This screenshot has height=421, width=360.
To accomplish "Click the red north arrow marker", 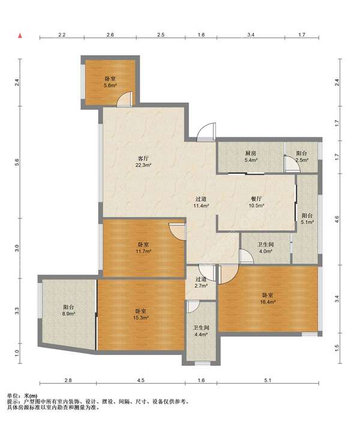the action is point(20,36).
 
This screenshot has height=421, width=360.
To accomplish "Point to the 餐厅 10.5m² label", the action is point(256,202).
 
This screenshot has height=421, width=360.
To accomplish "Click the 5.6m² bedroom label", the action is point(110,82).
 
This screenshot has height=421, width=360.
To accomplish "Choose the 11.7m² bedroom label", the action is point(143,248).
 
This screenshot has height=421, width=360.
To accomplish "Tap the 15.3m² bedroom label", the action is point(141,314).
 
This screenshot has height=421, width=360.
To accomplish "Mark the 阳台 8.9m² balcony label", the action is point(69,311).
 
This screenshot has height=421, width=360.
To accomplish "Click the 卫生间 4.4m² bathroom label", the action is point(201,331).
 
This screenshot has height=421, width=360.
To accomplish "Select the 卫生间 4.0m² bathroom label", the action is point(265,248).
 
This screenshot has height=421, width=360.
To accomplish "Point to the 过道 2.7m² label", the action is point(200,282).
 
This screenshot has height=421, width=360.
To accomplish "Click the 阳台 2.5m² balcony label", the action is point(302,157).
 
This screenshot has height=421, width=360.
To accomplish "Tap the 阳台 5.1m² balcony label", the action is point(307,219).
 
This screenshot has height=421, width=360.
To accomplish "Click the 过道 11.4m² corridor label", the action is point(201,202).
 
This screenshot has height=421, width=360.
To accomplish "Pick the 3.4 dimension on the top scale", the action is point(251,35).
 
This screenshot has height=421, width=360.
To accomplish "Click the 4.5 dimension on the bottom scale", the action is point(141,380).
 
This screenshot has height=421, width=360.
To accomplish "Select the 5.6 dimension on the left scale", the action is point(17,162).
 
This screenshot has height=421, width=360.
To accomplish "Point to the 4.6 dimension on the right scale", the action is point(337,219).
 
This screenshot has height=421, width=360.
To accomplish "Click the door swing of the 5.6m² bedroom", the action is point(124,99).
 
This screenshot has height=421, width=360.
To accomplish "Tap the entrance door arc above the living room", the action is point(205,131).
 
